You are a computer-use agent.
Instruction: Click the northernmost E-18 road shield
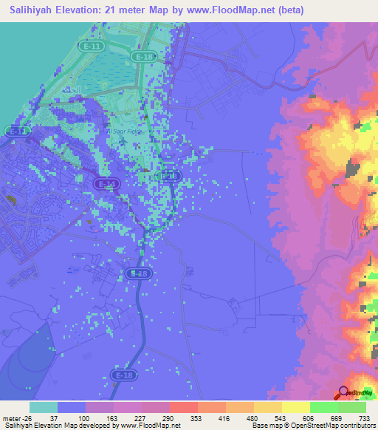pyautogui.click(x=143, y=56)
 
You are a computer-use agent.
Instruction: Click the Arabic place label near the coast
pyautogui.click(x=73, y=89)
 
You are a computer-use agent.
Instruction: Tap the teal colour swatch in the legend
pyautogui.click(x=44, y=407)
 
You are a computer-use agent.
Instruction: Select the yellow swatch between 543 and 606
pyautogui.click(x=296, y=407)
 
